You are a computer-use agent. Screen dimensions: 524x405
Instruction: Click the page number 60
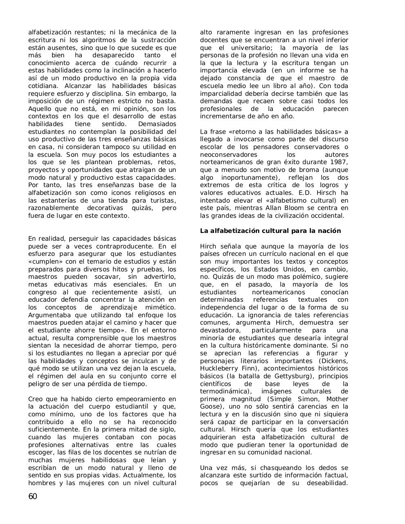(x=33, y=497)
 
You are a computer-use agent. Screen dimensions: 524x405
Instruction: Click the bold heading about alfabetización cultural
(x=270, y=231)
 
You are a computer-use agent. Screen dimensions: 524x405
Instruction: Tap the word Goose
(x=210, y=407)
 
